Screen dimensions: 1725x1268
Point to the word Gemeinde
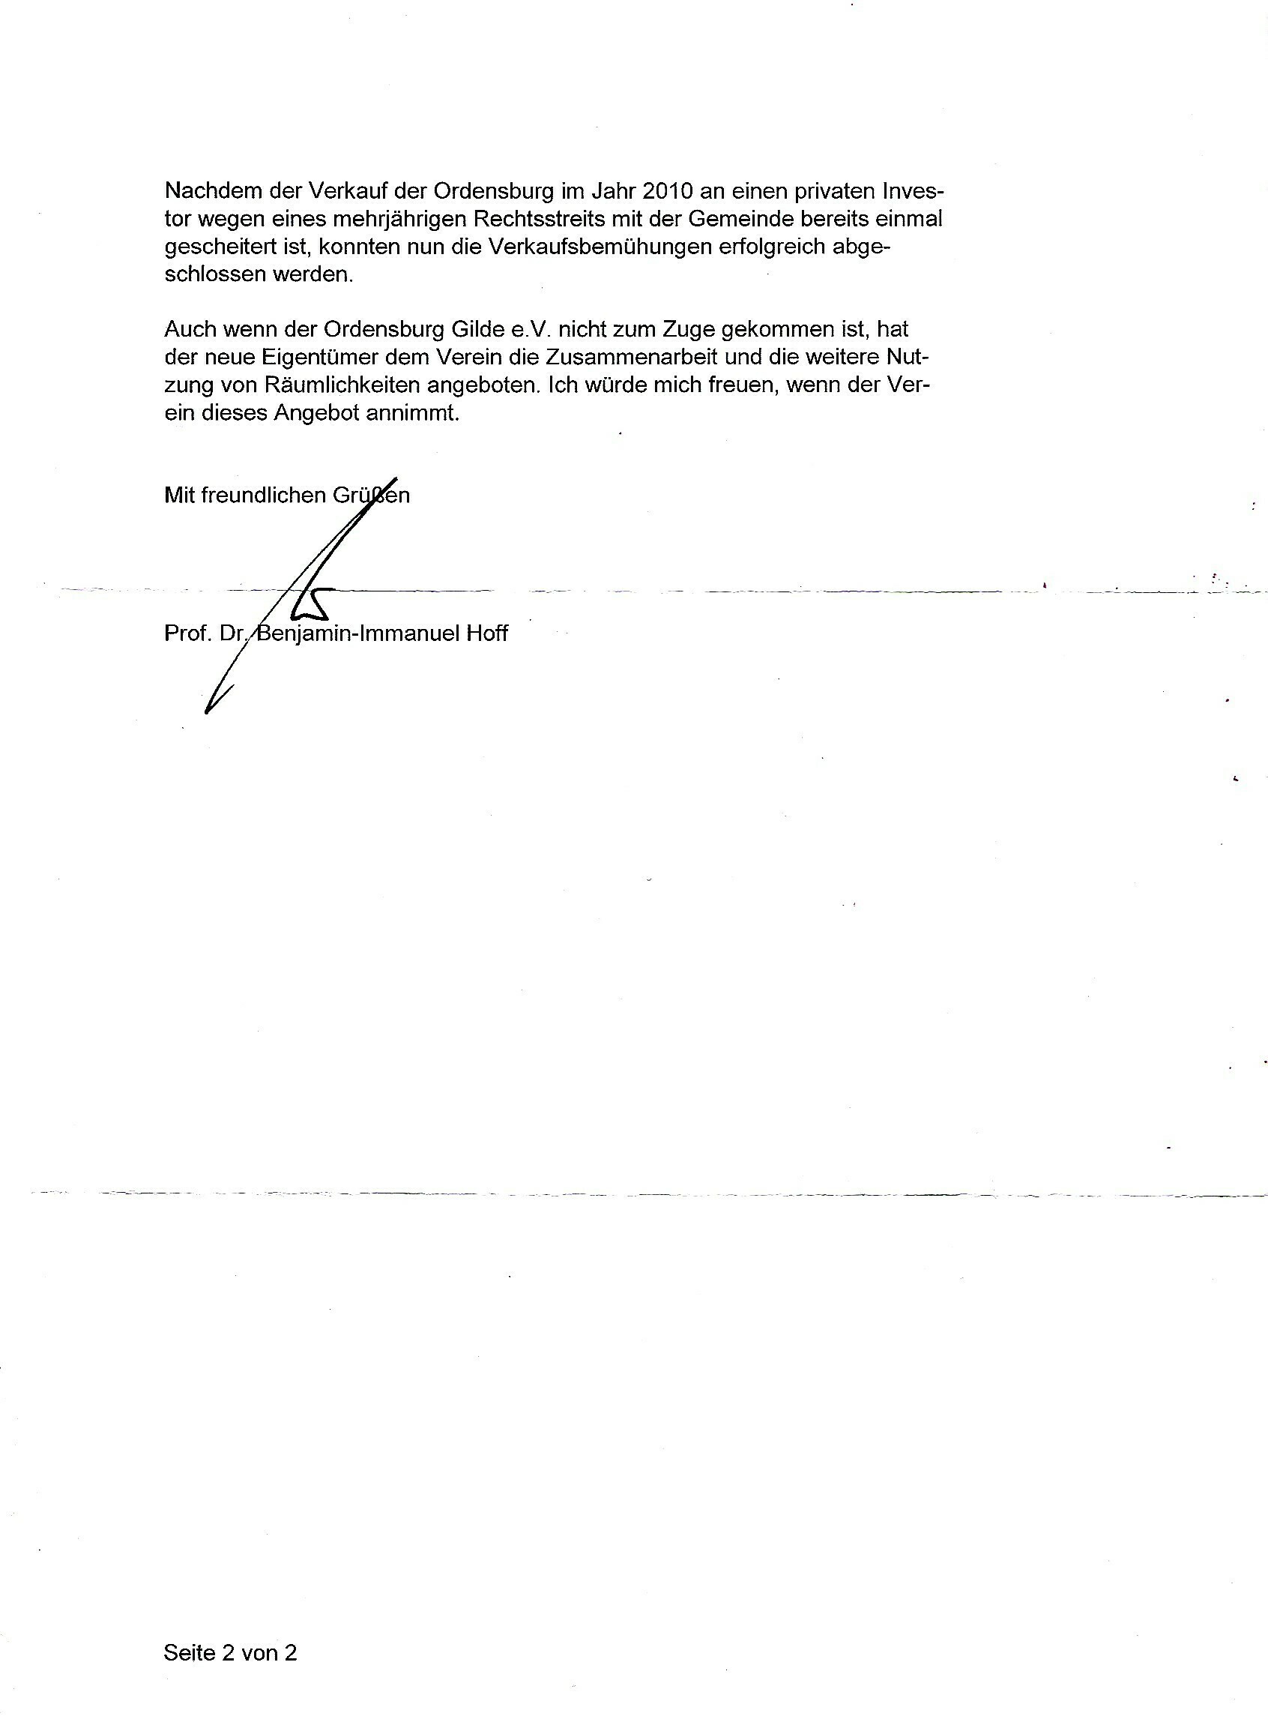click(738, 219)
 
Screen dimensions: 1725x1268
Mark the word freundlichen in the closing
click(263, 496)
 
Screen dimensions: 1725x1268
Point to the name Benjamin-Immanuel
click(358, 633)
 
